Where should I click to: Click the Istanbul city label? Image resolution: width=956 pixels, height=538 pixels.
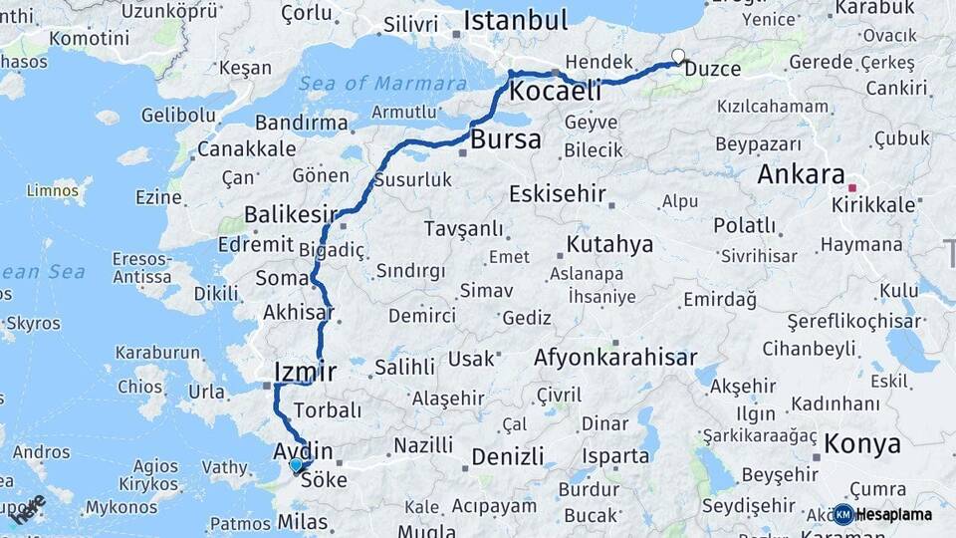tap(515, 20)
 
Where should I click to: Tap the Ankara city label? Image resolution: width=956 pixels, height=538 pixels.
tap(801, 174)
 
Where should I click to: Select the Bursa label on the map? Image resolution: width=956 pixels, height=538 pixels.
tap(506, 139)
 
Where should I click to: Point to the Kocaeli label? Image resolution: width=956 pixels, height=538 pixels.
tap(556, 92)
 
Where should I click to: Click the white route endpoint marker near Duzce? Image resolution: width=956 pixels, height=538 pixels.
tap(678, 56)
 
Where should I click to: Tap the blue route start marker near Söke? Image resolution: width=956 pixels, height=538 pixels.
tap(295, 464)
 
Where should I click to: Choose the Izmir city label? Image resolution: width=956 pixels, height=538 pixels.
tap(305, 373)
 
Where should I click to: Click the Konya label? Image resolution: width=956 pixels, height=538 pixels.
tap(862, 443)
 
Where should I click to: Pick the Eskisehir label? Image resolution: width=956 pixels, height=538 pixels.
tap(557, 194)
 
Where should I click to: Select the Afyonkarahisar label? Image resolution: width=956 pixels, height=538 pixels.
tap(615, 358)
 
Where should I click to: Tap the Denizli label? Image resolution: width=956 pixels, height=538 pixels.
tap(508, 457)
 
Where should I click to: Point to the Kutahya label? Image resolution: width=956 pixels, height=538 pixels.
tap(609, 245)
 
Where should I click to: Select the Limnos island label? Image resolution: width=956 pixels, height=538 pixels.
tap(53, 189)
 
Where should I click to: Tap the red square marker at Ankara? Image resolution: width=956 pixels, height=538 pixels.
tap(851, 186)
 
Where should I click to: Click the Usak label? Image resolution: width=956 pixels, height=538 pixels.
tap(471, 358)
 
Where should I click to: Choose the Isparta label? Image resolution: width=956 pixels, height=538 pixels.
tap(617, 456)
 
